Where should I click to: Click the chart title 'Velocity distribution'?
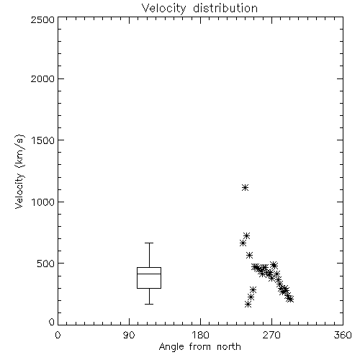(199, 9)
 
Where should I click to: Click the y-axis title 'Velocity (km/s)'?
(19, 171)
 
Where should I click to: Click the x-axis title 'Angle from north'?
(199, 347)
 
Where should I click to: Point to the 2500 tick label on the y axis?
(42, 19)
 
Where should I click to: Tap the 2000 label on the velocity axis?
(42, 78)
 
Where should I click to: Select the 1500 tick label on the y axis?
(43, 140)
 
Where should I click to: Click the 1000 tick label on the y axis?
(43, 202)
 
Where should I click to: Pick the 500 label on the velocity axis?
(46, 264)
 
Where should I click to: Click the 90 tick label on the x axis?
(129, 335)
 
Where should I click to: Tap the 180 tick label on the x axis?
(200, 335)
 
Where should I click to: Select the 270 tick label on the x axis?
(271, 335)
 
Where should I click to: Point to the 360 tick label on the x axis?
(343, 335)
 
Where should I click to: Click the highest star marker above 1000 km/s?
(245, 187)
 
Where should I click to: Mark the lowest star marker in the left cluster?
(248, 305)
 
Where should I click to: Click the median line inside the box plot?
(149, 274)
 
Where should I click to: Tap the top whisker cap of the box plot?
(149, 243)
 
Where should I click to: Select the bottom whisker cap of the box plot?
(149, 304)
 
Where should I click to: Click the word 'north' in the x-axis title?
(229, 347)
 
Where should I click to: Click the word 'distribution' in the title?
(225, 9)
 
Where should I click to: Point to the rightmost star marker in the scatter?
(290, 299)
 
